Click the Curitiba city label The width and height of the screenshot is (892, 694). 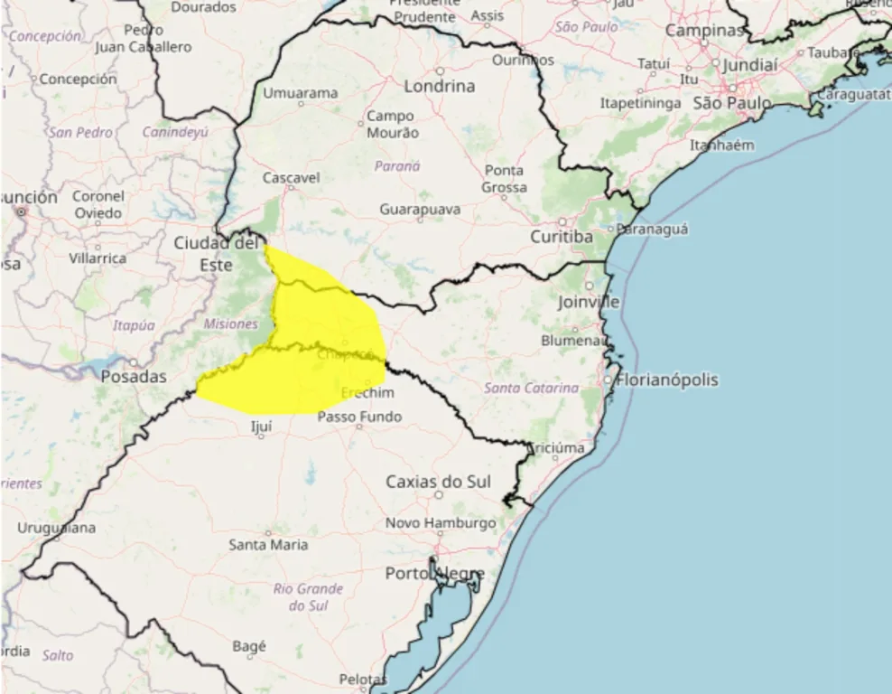(x=562, y=237)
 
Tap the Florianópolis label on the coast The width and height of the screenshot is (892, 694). (x=667, y=380)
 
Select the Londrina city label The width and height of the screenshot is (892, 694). (x=440, y=87)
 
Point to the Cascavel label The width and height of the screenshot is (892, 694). (x=291, y=178)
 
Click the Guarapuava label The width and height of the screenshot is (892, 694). (x=420, y=210)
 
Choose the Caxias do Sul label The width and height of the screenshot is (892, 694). (x=439, y=482)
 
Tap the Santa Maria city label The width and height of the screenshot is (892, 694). (x=268, y=545)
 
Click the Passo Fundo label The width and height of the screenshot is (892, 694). (x=360, y=417)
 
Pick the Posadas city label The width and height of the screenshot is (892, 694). (x=134, y=377)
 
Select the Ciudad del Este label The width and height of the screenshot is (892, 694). (x=216, y=253)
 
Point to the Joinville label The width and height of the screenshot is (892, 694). (x=589, y=302)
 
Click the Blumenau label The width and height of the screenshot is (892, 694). (x=571, y=341)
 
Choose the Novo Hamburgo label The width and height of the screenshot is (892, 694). (x=441, y=523)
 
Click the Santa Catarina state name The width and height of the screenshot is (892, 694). (x=532, y=388)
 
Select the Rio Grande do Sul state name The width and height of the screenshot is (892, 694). (x=308, y=596)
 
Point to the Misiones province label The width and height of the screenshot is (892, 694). (x=230, y=324)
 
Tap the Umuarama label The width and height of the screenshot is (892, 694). (x=301, y=93)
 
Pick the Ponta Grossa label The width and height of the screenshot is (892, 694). (x=504, y=178)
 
